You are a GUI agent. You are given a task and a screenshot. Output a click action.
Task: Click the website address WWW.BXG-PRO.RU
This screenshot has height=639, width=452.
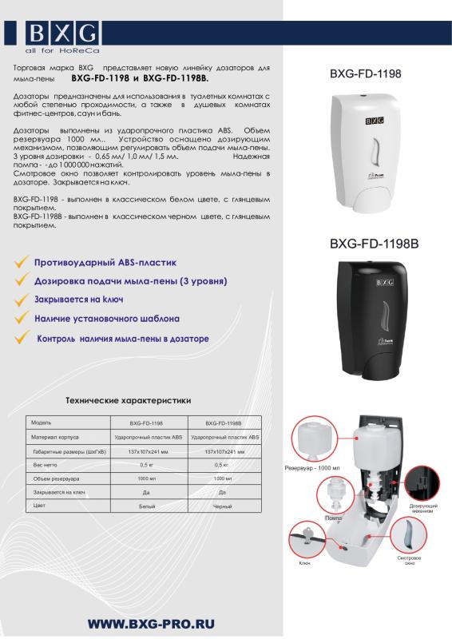pos(150,624)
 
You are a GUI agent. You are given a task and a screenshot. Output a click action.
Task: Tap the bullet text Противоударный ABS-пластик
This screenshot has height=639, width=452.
pos(105,262)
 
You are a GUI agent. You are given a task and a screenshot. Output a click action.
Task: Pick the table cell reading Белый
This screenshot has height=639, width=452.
pos(147,506)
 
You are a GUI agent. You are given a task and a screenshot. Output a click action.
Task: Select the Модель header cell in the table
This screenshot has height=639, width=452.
pos(42,423)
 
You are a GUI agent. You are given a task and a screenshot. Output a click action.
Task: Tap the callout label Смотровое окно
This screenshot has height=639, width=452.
pos(409,561)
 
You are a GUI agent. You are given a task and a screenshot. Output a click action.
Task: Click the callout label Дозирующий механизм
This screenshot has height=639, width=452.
pos(422,510)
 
